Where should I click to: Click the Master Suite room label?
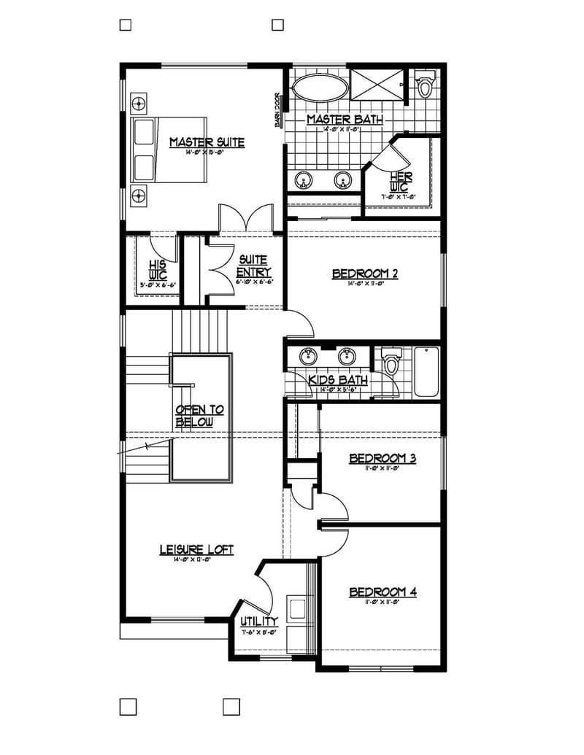click(x=207, y=142)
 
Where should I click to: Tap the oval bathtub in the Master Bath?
click(x=319, y=89)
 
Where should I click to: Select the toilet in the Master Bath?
click(x=425, y=85)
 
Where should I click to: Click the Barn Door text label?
click(x=278, y=110)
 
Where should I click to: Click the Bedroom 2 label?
click(x=364, y=274)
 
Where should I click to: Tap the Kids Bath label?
click(x=337, y=380)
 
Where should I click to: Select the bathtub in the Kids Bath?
click(x=426, y=371)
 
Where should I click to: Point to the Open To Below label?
click(x=199, y=416)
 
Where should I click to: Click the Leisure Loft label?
click(x=196, y=550)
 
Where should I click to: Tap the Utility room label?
click(x=259, y=622)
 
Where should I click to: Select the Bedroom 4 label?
click(x=383, y=592)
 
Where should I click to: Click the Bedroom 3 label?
click(x=383, y=458)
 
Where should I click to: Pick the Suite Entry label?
click(x=253, y=266)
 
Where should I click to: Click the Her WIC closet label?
click(x=401, y=182)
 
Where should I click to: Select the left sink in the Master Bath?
click(x=303, y=179)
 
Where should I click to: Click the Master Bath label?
click(x=345, y=120)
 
